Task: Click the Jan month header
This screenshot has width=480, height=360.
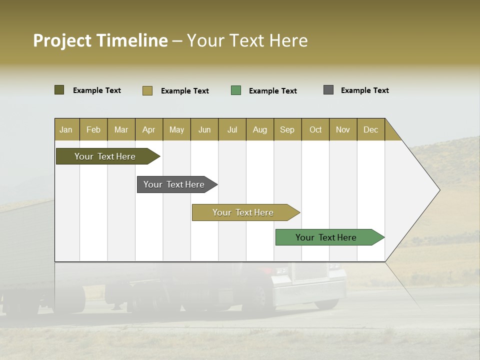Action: pos(66,129)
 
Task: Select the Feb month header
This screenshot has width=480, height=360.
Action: pos(93,129)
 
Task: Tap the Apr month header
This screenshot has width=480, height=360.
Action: pos(149,129)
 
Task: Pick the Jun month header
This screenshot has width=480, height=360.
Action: pos(204,129)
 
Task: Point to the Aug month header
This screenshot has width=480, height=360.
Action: pos(260,129)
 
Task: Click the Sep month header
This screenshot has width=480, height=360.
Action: pos(287,129)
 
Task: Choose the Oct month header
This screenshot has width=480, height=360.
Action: pos(315,129)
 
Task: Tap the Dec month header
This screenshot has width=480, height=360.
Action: pos(371,129)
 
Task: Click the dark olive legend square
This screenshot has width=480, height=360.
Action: pos(59,90)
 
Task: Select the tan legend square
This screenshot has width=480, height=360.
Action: pos(147,90)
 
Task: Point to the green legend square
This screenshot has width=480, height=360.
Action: pos(236,90)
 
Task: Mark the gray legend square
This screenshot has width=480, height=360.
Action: pos(328,90)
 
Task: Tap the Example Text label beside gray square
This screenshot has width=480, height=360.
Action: pos(364,90)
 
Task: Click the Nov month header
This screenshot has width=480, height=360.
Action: pos(343,129)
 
